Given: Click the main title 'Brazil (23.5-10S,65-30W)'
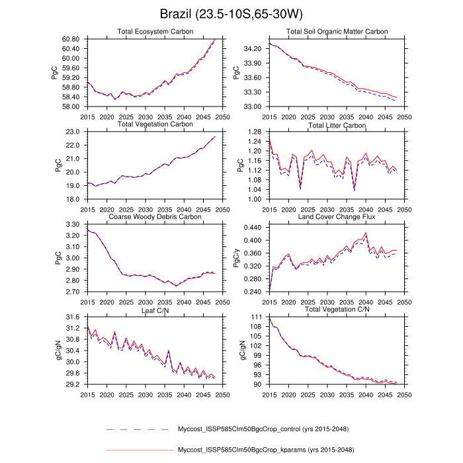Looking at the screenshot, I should point(232,14).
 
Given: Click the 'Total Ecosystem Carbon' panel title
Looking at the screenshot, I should point(152,31).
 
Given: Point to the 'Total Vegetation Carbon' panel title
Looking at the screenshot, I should point(152,124).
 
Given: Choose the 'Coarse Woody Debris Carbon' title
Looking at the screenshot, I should point(152,216).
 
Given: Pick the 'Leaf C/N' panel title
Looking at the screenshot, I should point(152,309).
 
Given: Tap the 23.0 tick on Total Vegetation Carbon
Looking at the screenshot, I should point(73,132).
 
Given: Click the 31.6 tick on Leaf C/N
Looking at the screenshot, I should point(73,318).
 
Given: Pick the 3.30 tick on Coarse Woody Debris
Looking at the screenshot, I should point(73,226).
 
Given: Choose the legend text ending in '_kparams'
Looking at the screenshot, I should point(257,450).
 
